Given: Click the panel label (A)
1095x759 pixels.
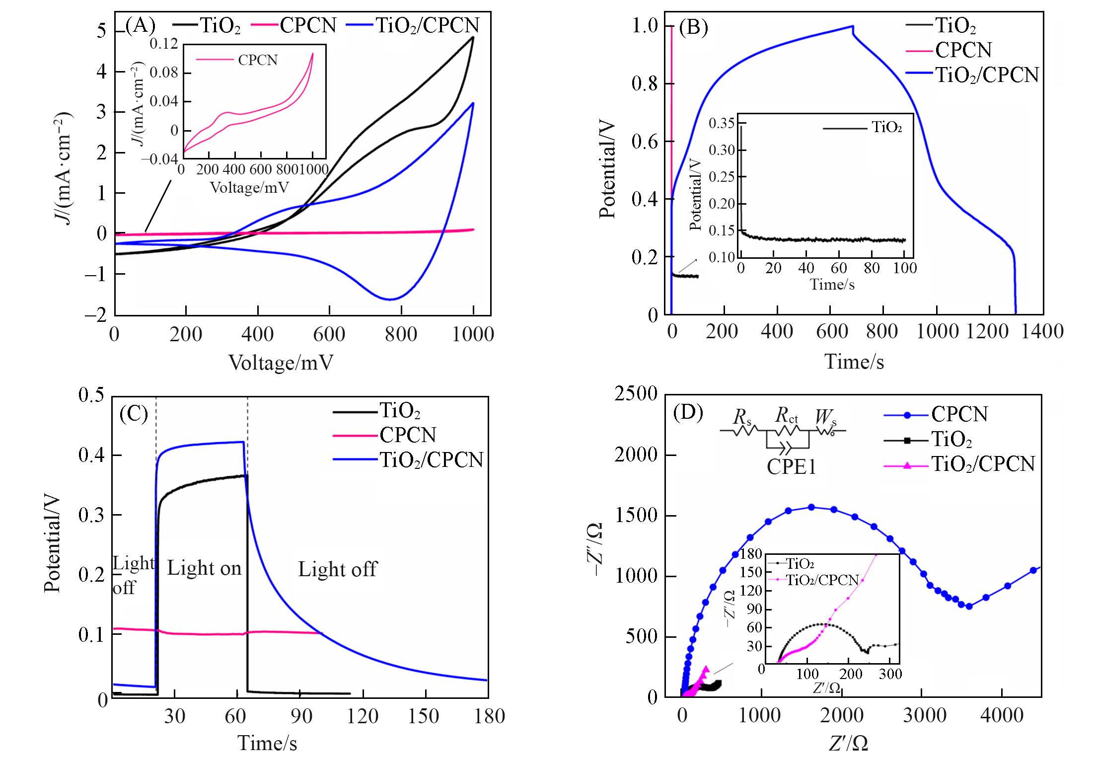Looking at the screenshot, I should pos(141,25).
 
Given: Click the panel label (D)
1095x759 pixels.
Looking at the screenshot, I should pos(688,413).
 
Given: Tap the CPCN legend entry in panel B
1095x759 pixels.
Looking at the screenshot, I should pos(963,50).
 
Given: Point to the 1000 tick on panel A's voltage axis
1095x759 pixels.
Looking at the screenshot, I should pos(473,334).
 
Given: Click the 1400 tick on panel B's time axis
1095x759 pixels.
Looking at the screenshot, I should pos(1042,331).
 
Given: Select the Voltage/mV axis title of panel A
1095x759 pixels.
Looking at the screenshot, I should pos(281,363).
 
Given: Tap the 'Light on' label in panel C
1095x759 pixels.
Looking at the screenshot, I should pos(204,568).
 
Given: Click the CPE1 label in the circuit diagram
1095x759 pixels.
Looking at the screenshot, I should pos(792,466).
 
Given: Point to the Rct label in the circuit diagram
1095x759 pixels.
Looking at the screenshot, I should pos(787,415).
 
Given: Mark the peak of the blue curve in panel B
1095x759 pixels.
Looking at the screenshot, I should pos(853,26).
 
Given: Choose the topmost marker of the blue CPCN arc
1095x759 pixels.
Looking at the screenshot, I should pos(811,507).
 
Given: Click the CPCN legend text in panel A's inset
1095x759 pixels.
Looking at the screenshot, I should pos(258,60).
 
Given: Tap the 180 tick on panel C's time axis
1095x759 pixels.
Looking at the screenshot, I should pos(490,716).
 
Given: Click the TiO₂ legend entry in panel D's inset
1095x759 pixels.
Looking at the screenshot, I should pos(801,564).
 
